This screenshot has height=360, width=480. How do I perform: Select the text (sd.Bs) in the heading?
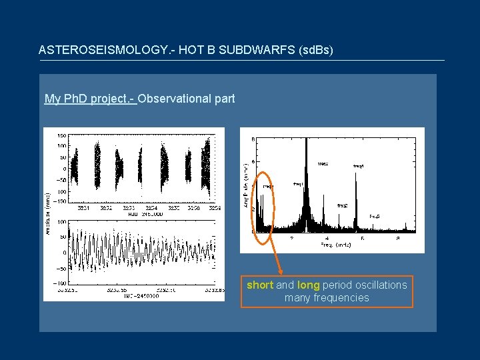[313, 50]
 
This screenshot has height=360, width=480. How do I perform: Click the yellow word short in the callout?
[260, 285]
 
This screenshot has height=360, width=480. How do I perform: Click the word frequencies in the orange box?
[327, 297]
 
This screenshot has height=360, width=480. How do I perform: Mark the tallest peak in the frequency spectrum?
[306, 140]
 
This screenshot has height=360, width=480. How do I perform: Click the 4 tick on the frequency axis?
[327, 238]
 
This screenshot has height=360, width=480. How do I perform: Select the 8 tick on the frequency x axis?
[397, 238]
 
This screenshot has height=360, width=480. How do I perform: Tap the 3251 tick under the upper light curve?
[84, 207]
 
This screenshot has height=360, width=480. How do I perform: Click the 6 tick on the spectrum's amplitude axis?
[252, 162]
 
